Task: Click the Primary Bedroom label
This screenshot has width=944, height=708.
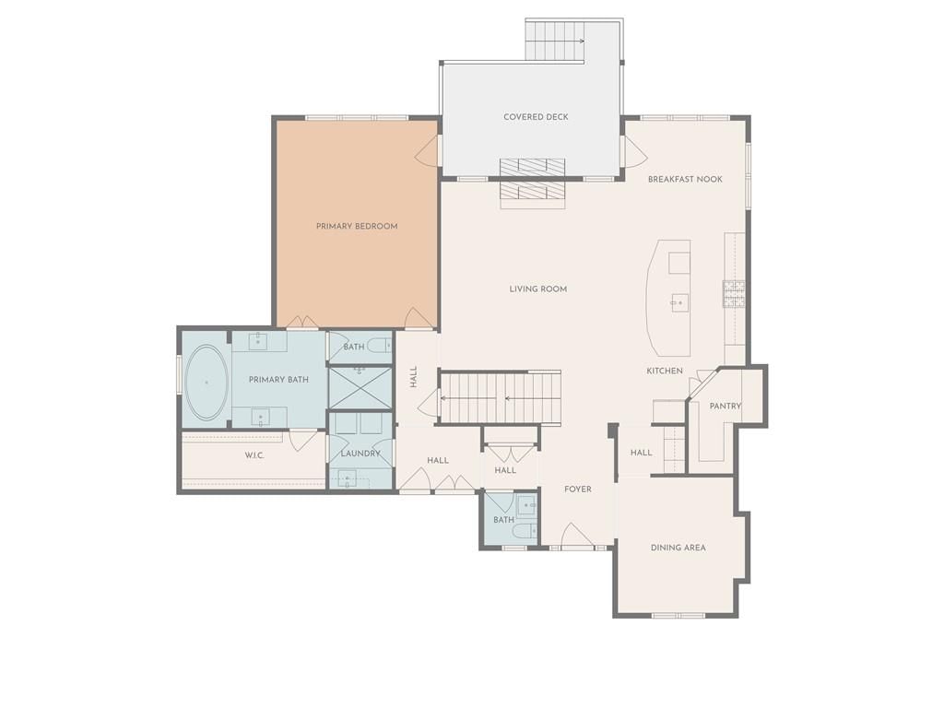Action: [x=357, y=227]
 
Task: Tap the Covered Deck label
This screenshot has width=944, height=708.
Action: [x=536, y=117]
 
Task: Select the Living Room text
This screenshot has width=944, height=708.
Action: [x=538, y=289]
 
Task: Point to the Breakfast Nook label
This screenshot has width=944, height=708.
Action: [x=685, y=180]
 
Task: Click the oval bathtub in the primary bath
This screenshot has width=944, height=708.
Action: [x=206, y=383]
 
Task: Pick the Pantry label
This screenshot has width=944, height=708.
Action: [x=726, y=407]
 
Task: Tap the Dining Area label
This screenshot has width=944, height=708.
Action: [x=678, y=548]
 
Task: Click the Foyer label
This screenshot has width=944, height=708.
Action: [x=578, y=490]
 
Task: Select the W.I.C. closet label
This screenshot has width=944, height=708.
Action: [x=254, y=455]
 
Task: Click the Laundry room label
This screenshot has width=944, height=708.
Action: [x=360, y=454]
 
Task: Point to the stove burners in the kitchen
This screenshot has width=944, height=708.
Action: [x=734, y=294]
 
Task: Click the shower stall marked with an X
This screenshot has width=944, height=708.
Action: [x=360, y=387]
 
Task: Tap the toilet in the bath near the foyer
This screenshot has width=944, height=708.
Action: [x=525, y=530]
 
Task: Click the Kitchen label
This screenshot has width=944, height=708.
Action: [x=665, y=371]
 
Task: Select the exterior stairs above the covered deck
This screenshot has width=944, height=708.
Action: [x=555, y=40]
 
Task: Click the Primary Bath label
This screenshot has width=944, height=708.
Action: [x=278, y=380]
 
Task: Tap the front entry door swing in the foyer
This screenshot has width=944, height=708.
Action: [x=576, y=536]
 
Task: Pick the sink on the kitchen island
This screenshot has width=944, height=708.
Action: [x=679, y=302]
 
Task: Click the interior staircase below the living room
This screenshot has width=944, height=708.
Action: [x=501, y=398]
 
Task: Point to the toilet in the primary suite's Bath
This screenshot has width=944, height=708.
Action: [x=380, y=346]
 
